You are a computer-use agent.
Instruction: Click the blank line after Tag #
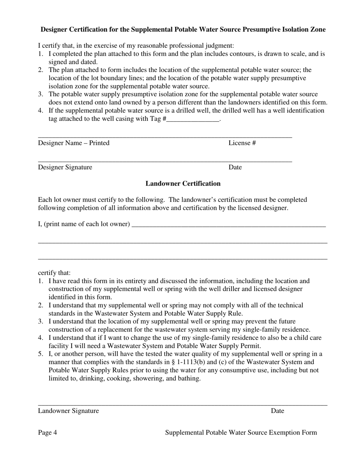[x=193, y=119]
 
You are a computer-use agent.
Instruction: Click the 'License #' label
[x=242, y=143]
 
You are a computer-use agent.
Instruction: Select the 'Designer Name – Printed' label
[x=74, y=143]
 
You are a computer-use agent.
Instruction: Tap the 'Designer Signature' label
[x=65, y=167]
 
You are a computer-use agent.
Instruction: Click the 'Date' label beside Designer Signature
[x=235, y=167]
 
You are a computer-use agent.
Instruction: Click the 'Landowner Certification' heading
[x=183, y=183]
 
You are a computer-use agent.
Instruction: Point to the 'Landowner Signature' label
[x=68, y=411]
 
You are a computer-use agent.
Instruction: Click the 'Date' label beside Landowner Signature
[x=277, y=411]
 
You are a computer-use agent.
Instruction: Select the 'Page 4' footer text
[x=47, y=433]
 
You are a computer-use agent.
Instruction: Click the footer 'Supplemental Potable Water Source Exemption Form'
[x=241, y=433]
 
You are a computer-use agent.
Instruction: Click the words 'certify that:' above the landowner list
[x=54, y=273]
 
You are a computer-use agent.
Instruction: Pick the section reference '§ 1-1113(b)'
[x=187, y=362]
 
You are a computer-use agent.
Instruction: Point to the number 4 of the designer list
[x=40, y=111]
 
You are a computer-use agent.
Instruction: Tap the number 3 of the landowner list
[x=40, y=321]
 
